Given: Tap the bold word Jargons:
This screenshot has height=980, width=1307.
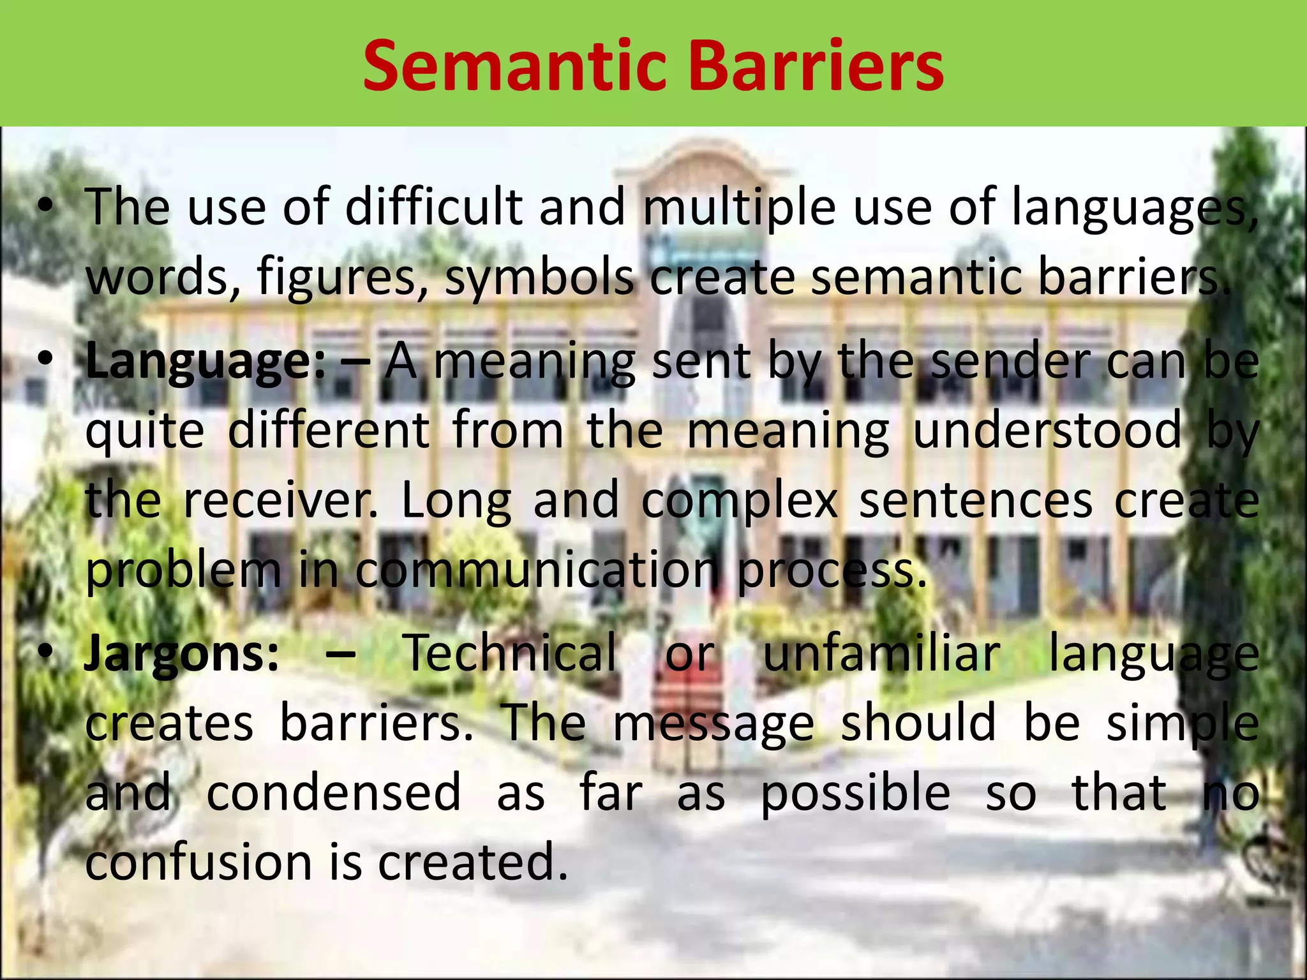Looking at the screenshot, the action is click(x=182, y=655).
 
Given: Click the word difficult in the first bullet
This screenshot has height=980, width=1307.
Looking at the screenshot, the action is click(x=434, y=207).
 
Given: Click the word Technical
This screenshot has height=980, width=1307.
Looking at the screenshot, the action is click(x=511, y=653).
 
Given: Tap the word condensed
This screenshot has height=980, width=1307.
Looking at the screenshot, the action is click(x=333, y=793).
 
